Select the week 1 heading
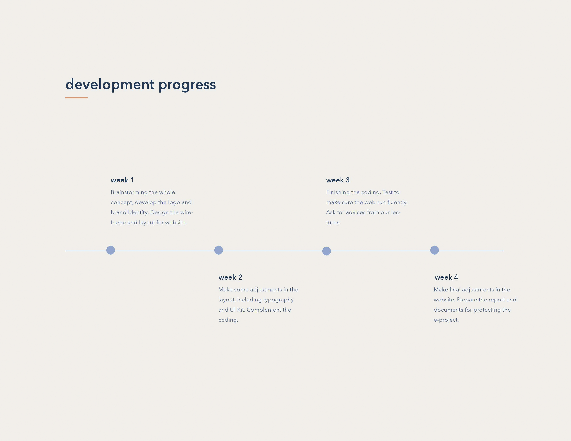(122, 180)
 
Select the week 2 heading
(230, 277)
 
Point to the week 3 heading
(338, 180)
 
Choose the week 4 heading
(446, 277)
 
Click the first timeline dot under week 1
(111, 250)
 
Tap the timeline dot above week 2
(219, 250)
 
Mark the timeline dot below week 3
(327, 251)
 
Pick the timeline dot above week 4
(434, 250)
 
